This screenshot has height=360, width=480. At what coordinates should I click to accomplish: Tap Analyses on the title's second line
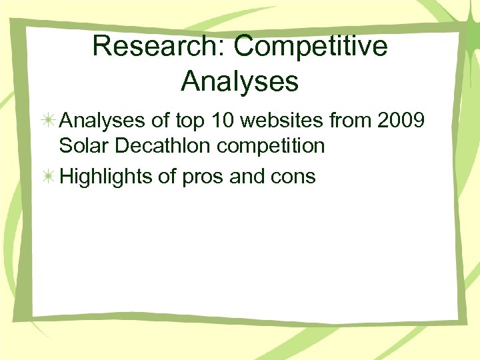point(239,81)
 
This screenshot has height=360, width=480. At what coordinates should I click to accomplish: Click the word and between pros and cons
point(247,177)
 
